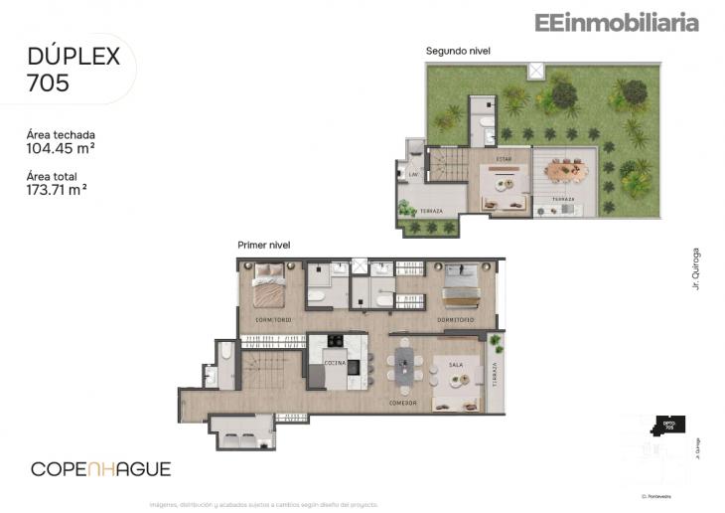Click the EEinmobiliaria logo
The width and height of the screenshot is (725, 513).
click(x=616, y=22)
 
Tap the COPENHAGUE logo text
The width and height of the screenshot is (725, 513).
click(x=100, y=468)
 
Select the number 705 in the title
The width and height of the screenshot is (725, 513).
click(x=49, y=84)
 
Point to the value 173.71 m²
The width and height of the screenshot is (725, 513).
click(x=57, y=191)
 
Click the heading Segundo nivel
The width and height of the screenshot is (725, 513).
click(x=458, y=51)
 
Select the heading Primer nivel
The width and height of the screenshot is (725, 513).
click(x=263, y=245)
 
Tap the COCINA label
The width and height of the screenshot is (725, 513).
click(x=335, y=364)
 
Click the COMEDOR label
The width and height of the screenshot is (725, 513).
click(x=402, y=403)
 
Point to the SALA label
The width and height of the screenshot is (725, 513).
click(x=456, y=365)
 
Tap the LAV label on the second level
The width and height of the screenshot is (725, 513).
click(x=413, y=175)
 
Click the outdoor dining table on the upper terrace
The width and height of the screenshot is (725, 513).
click(x=567, y=170)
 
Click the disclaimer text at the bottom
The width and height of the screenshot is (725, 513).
click(x=263, y=504)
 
